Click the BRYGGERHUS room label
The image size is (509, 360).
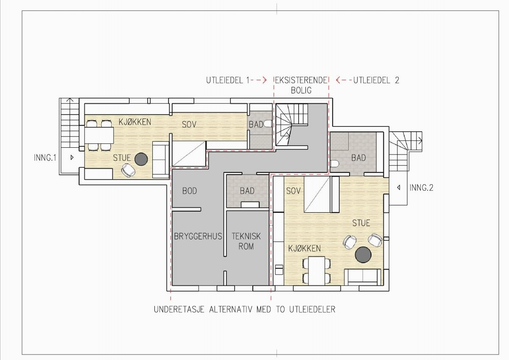click(x=198, y=236)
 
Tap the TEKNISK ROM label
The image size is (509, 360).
click(x=246, y=241)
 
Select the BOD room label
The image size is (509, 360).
click(x=190, y=191)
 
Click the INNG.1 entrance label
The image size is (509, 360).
click(x=45, y=157)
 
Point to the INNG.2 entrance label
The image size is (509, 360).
click(x=421, y=188)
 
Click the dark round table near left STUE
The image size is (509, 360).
click(x=141, y=159)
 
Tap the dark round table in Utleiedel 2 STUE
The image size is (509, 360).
click(x=363, y=255)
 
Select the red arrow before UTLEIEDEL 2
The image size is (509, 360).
click(x=344, y=80)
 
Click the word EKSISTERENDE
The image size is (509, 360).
click(x=301, y=80)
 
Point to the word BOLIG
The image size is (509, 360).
click(x=301, y=90)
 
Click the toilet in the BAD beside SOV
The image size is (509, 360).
click(x=268, y=124)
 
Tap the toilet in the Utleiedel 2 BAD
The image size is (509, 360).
click(x=335, y=164)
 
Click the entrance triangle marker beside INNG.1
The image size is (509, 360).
click(x=72, y=157)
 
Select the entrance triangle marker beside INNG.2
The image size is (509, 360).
click(x=398, y=188)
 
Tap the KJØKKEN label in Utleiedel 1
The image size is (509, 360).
click(x=135, y=122)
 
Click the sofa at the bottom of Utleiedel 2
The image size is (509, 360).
click(x=363, y=277)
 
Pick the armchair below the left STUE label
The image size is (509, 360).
click(x=128, y=170)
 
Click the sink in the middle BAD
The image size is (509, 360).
click(x=250, y=205)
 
